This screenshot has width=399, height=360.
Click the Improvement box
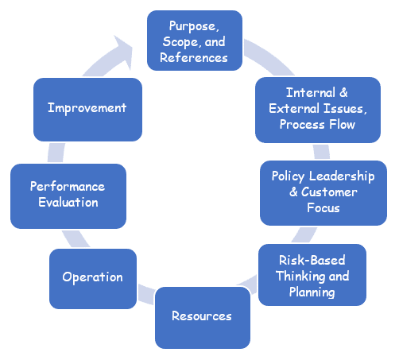click(87, 110)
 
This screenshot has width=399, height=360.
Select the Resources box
click(203, 318)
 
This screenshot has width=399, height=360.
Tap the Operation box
click(93, 279)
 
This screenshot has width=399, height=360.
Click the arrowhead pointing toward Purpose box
click(125, 50)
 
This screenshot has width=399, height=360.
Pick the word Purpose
click(194, 26)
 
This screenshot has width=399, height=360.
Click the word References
click(194, 58)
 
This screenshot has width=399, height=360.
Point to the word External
click(294, 108)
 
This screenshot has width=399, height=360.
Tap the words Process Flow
click(317, 125)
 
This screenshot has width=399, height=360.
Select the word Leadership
click(342, 176)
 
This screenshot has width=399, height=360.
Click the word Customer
click(329, 192)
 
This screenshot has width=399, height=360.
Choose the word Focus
click(323, 207)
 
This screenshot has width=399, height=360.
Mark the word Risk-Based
click(312, 260)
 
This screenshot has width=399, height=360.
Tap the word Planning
click(312, 292)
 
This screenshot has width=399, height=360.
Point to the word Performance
click(68, 186)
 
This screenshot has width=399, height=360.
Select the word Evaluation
click(68, 202)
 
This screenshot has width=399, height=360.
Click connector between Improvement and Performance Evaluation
click(56, 153)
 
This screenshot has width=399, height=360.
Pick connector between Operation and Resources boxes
click(146, 294)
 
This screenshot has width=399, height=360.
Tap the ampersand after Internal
click(343, 92)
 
